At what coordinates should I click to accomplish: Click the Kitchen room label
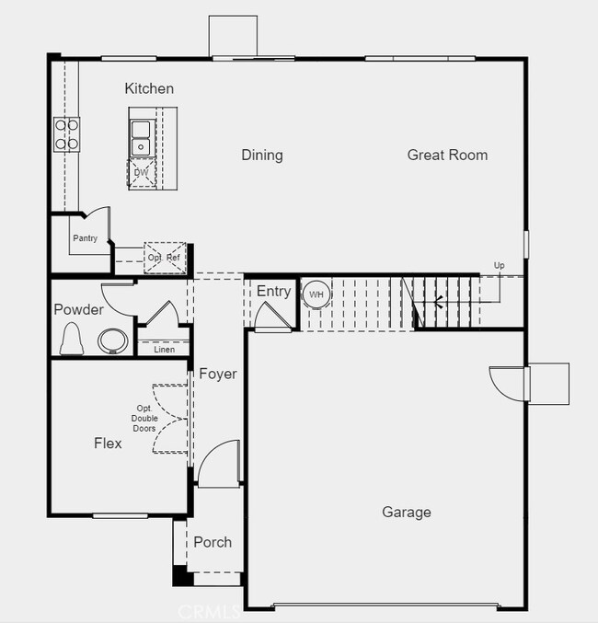coord(149,88)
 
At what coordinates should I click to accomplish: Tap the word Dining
coord(262,155)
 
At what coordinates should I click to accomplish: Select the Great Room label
coord(447,155)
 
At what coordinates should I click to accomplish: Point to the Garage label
coord(406,512)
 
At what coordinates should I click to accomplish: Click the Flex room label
coord(108,443)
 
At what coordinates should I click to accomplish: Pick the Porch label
coord(213,542)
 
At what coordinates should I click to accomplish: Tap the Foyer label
coord(218,374)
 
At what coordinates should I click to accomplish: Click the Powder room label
coord(78,309)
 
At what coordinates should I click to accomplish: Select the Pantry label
coord(85,238)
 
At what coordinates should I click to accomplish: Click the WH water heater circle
coord(316,294)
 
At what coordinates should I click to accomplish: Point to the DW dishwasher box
coord(141,173)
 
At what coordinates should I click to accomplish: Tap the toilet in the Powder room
coord(71,340)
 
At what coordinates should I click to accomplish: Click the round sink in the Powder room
coord(113,340)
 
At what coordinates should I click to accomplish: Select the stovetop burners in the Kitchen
coord(66,133)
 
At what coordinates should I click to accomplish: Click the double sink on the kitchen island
coord(141,137)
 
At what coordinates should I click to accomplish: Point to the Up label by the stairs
coord(499,266)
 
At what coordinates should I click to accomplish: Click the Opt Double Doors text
coord(144,419)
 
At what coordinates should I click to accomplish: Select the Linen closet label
coord(164,350)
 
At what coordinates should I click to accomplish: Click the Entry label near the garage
coord(273,292)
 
